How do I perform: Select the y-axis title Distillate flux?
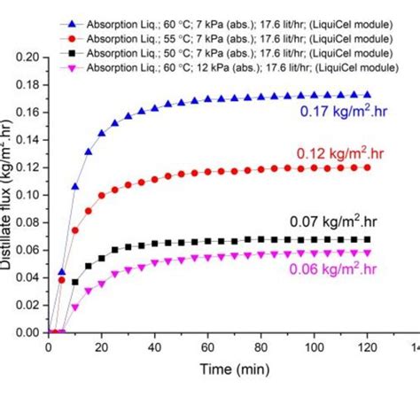tap(12, 194)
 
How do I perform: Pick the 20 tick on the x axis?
tap(101, 348)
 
